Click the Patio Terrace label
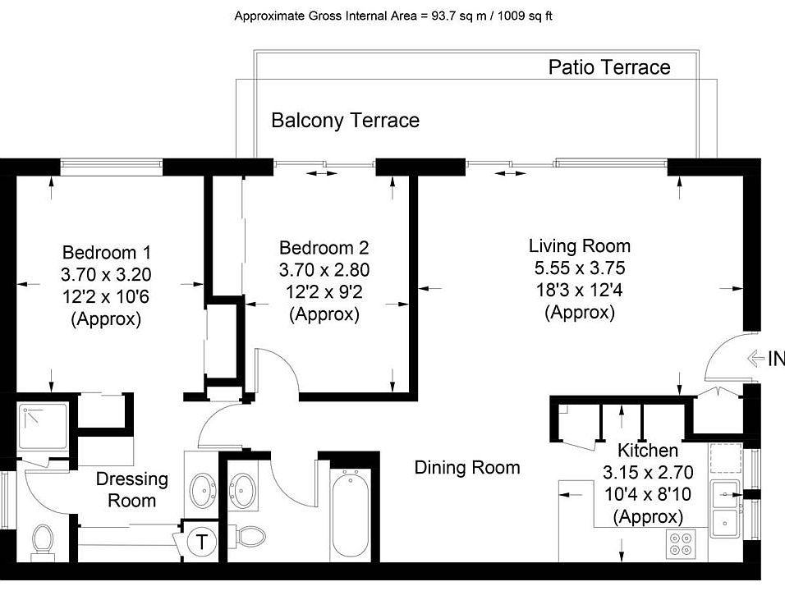pyautogui.click(x=609, y=67)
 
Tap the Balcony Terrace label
pyautogui.click(x=346, y=120)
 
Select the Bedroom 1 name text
pyautogui.click(x=106, y=252)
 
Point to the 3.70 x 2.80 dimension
pyautogui.click(x=324, y=270)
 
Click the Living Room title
pyautogui.click(x=580, y=245)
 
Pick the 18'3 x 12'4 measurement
pyautogui.click(x=580, y=290)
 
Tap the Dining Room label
pyautogui.click(x=467, y=467)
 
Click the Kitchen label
pyautogui.click(x=648, y=450)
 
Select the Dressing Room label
pyautogui.click(x=131, y=489)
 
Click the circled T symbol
pyautogui.click(x=201, y=542)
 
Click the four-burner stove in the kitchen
pyautogui.click(x=681, y=544)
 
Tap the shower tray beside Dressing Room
pyautogui.click(x=43, y=426)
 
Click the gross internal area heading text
pyautogui.click(x=393, y=16)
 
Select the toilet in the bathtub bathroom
pyautogui.click(x=249, y=537)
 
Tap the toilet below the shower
pyautogui.click(x=43, y=543)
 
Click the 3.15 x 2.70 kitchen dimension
pyautogui.click(x=648, y=472)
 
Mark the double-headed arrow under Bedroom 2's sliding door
pyautogui.click(x=322, y=173)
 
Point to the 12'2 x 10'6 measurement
pyautogui.click(x=106, y=297)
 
